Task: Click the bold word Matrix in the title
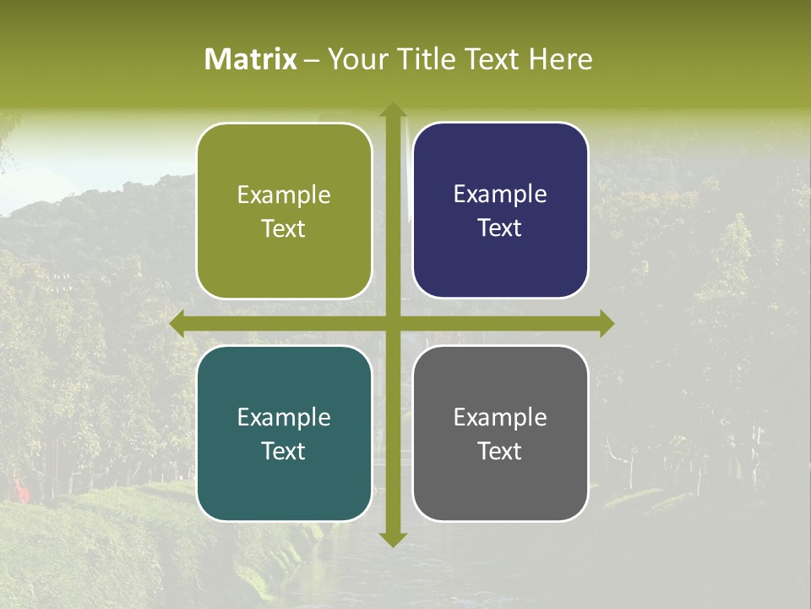[x=251, y=59]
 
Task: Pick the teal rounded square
[x=284, y=482]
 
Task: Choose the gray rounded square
[x=500, y=482]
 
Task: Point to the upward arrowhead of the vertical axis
[x=393, y=110]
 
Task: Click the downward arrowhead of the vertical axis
[x=393, y=539]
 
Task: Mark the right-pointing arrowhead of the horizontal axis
[x=606, y=324]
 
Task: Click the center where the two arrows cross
[x=393, y=324]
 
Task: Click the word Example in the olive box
[x=284, y=195]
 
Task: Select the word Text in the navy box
[x=500, y=228]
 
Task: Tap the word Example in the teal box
[x=284, y=417]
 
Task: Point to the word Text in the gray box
[x=500, y=451]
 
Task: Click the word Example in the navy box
[x=500, y=195]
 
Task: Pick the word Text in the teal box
[x=284, y=451]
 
